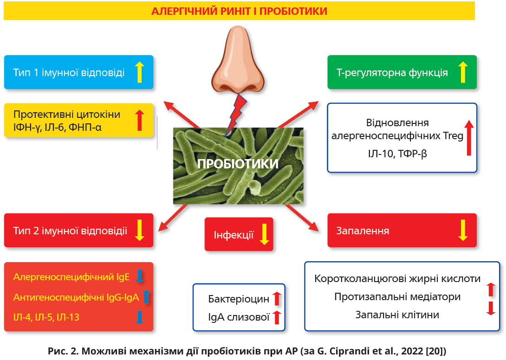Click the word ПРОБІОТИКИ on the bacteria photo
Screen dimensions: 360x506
[x=238, y=164]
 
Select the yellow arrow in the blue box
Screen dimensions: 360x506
[x=140, y=72]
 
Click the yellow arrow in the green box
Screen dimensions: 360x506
[x=462, y=72]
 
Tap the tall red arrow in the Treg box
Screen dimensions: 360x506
[x=468, y=138]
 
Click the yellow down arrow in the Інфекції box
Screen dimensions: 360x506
[x=264, y=234]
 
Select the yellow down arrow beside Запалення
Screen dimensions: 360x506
[x=462, y=230]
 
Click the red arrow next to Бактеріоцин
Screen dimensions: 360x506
[x=277, y=298]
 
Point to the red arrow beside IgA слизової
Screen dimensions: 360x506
[x=277, y=317]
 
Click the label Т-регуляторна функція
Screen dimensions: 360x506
[x=392, y=73]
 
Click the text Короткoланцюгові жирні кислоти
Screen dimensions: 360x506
[x=397, y=279]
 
